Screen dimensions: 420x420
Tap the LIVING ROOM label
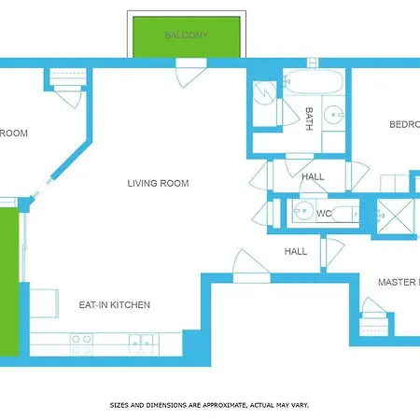[158, 184]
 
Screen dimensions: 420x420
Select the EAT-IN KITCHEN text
[115, 305]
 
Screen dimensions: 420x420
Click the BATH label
[309, 118]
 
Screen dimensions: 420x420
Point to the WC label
[324, 214]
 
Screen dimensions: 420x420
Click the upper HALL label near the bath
[313, 175]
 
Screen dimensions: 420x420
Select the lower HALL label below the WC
[296, 251]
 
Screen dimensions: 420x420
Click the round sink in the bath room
[334, 117]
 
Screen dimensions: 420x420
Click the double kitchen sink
[140, 343]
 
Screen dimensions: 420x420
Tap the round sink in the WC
[300, 213]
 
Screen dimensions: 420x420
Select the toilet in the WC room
[346, 214]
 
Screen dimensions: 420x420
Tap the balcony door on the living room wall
[190, 70]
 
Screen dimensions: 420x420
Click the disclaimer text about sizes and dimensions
[209, 405]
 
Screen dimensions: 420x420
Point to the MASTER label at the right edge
[399, 282]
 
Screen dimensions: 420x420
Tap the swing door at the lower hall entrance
[250, 267]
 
